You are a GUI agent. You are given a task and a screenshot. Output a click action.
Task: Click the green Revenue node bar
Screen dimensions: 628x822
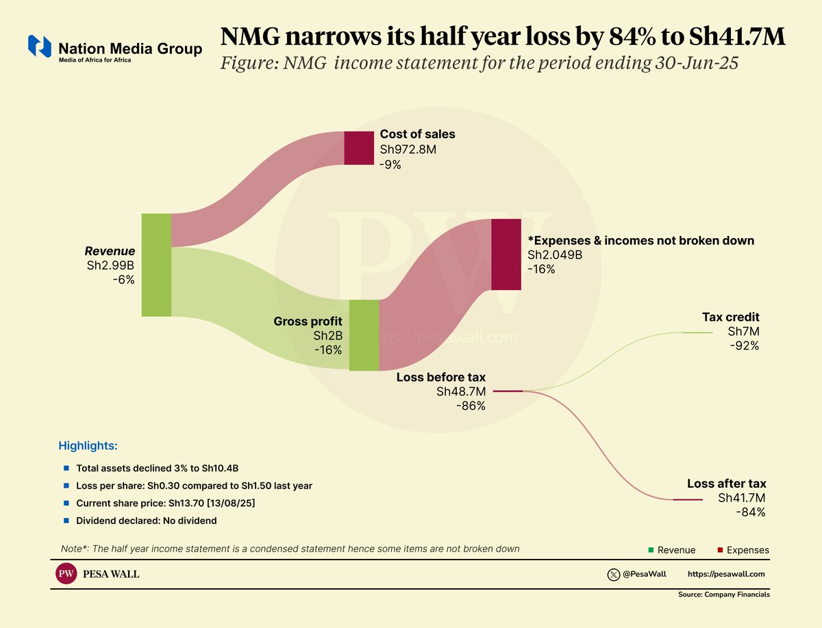156,265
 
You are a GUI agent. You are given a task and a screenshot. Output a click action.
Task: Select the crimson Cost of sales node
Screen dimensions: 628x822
359,148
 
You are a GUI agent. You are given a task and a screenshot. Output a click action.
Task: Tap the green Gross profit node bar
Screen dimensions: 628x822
364,335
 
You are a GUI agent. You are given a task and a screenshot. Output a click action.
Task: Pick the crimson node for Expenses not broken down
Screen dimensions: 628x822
506,254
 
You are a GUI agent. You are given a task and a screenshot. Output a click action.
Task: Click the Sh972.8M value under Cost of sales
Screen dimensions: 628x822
408,150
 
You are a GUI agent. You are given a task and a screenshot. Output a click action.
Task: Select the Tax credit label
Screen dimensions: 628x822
730,317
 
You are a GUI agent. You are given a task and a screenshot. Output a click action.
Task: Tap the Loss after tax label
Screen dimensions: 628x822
726,484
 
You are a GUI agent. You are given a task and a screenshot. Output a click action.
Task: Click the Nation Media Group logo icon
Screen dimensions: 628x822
39,47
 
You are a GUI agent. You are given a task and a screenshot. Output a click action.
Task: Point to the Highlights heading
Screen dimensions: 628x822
88,446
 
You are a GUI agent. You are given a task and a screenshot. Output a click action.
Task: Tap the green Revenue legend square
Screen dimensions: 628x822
651,550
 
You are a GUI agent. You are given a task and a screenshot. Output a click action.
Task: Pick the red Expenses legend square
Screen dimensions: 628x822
720,550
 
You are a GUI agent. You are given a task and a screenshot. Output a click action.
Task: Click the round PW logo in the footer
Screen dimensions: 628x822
66,575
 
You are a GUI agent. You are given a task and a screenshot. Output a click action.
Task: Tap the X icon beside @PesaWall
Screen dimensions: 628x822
614,575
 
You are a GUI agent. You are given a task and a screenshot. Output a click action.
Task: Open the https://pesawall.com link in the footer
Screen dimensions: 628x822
725,575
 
